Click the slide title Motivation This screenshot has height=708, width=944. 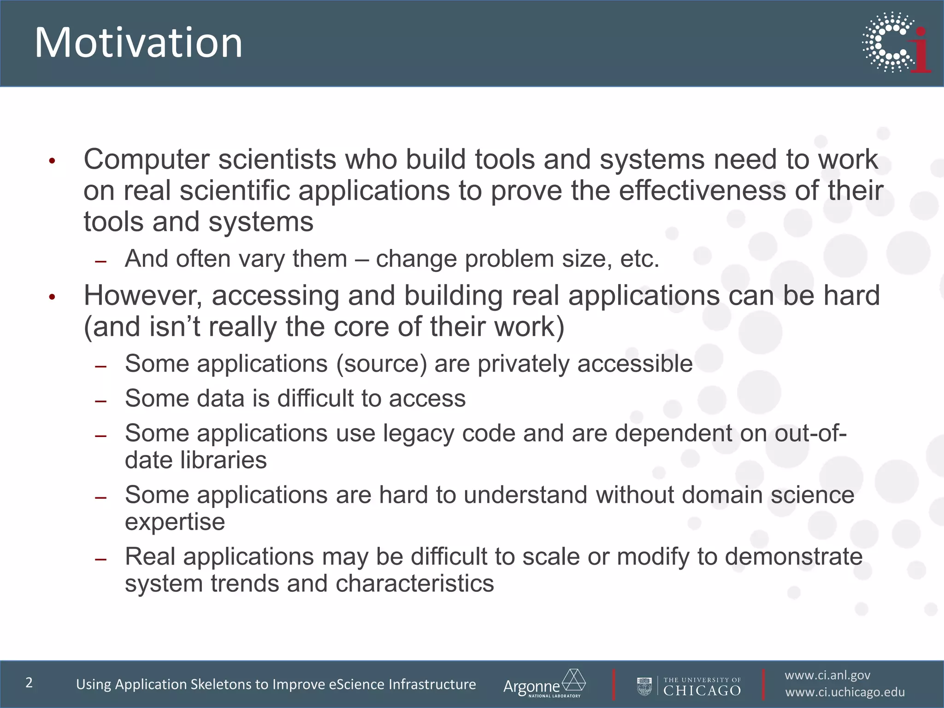point(138,42)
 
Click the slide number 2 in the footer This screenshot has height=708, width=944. point(29,683)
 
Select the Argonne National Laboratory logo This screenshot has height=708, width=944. point(544,684)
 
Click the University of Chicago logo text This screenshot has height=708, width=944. point(702,686)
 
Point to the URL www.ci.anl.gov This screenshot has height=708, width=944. point(827,675)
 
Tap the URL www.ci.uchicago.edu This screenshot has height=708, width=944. point(845,692)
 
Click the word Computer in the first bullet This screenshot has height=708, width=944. point(147,159)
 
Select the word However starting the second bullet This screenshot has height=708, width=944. point(142,295)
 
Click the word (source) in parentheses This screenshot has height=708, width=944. point(381,364)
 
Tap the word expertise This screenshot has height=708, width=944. point(175,522)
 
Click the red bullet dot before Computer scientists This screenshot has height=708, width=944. point(52,161)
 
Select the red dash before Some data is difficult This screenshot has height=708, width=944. point(100,401)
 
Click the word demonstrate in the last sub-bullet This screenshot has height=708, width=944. point(793,556)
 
